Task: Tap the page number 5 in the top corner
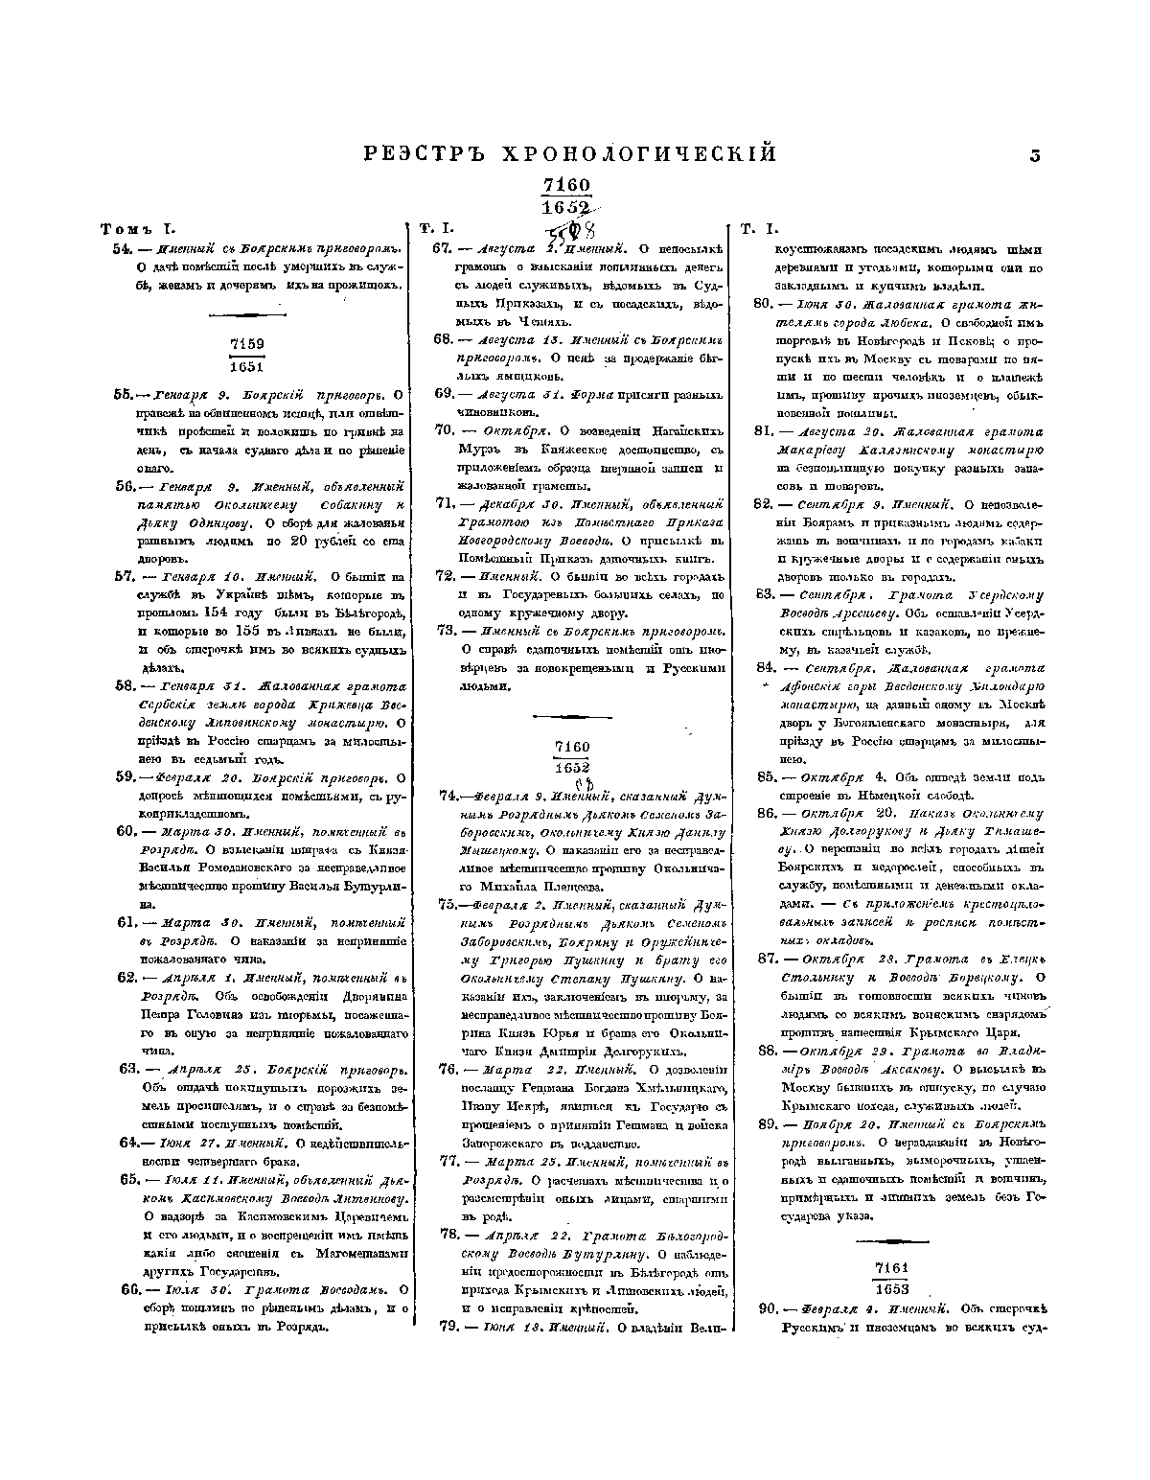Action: pyautogui.click(x=1034, y=156)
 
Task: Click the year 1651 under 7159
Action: pyautogui.click(x=247, y=366)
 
